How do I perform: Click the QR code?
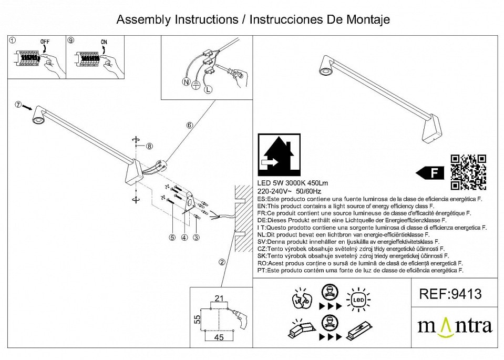468,172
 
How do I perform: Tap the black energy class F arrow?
430,172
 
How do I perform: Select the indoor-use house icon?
279,155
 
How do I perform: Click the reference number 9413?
450,294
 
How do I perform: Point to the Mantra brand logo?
455,326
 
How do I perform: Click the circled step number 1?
13,40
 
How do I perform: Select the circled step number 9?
71,40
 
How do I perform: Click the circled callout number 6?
190,125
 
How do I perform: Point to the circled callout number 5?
172,238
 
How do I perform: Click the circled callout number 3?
197,238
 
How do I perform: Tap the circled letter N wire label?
185,82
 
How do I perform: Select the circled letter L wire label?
208,90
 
